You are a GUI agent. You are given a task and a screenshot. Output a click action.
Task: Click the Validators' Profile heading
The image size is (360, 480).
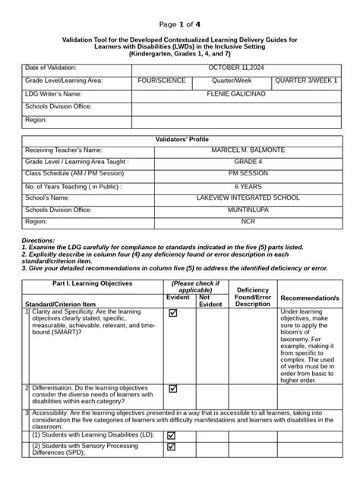click(180, 139)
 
